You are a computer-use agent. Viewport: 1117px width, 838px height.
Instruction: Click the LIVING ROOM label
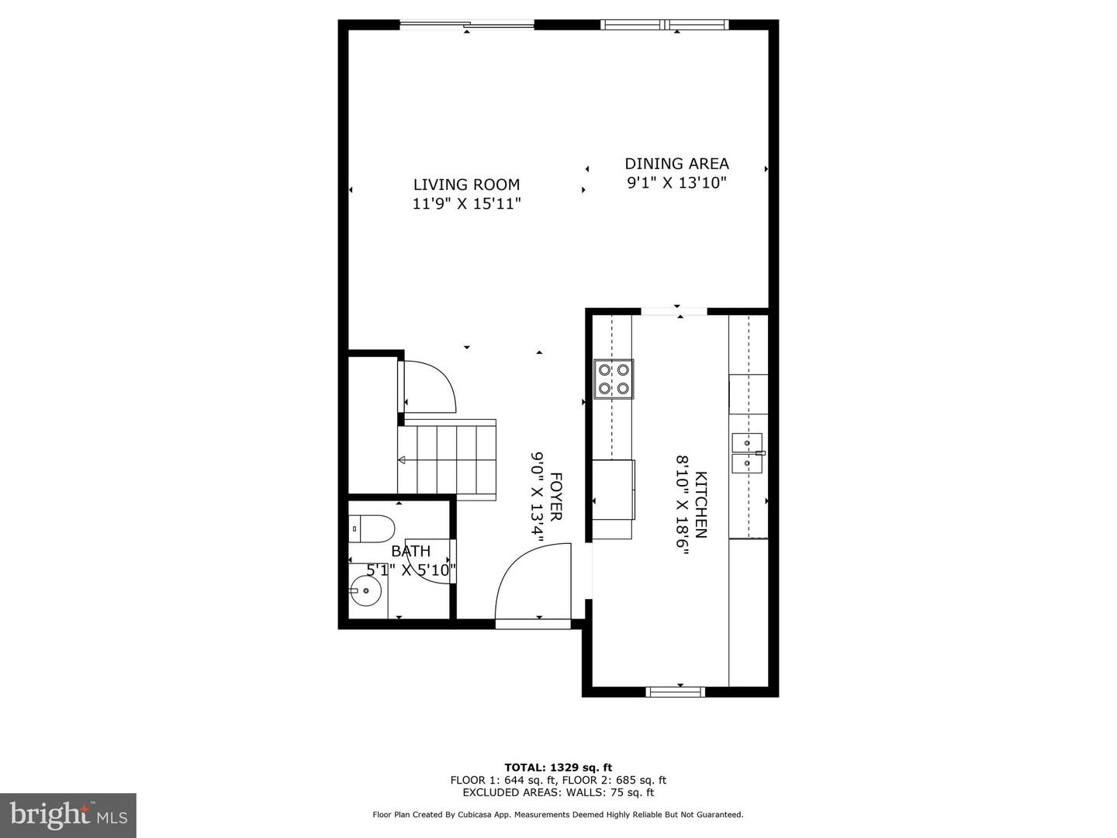pyautogui.click(x=466, y=185)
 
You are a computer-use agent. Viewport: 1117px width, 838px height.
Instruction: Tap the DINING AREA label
pyautogui.click(x=676, y=164)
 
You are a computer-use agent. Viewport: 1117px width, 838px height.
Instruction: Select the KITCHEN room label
pyautogui.click(x=700, y=504)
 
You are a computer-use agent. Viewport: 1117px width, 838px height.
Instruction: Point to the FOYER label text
pyautogui.click(x=556, y=497)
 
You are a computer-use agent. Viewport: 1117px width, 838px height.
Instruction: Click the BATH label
pyautogui.click(x=410, y=551)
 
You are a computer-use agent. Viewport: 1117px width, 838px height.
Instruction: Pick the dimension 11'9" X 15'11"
pyautogui.click(x=466, y=204)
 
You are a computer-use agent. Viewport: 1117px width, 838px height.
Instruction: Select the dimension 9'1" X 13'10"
pyautogui.click(x=676, y=183)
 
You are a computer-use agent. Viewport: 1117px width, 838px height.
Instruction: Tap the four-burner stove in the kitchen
pyautogui.click(x=613, y=379)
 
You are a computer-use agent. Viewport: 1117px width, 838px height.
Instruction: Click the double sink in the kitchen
pyautogui.click(x=747, y=453)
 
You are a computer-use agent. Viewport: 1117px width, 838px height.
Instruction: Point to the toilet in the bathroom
pyautogui.click(x=371, y=528)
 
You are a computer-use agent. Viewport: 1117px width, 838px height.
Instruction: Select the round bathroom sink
pyautogui.click(x=365, y=591)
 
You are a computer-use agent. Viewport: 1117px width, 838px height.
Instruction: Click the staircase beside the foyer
pyautogui.click(x=448, y=459)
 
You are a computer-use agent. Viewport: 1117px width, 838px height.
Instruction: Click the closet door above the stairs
pyautogui.click(x=429, y=386)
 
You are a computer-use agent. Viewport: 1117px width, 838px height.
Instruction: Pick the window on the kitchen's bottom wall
pyautogui.click(x=676, y=691)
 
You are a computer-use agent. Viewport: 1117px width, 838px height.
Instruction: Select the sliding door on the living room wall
pyautogui.click(x=467, y=25)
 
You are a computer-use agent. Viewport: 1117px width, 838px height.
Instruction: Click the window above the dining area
pyautogui.click(x=665, y=25)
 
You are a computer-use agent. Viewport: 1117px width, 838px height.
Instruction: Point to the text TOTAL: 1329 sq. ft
pyautogui.click(x=558, y=767)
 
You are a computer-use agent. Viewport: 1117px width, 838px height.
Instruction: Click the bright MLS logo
pyautogui.click(x=67, y=815)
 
